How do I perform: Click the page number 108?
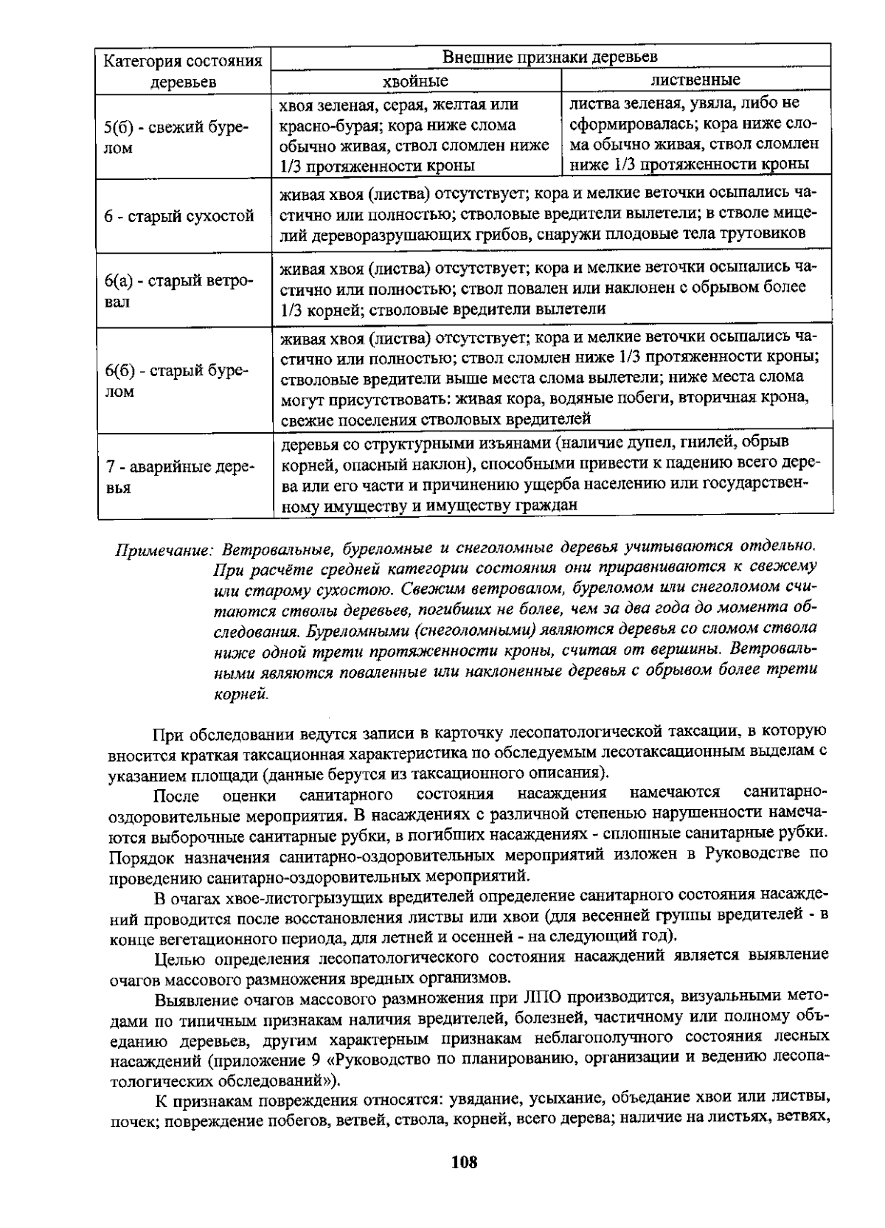point(464,1162)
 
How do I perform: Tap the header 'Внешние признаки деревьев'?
point(549,57)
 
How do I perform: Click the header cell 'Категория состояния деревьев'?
point(183,71)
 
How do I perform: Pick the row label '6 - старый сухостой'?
point(179,216)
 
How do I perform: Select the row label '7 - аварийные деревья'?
point(179,477)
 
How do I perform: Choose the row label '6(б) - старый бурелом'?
point(177,381)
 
